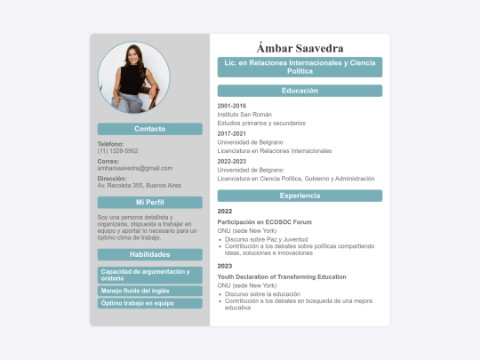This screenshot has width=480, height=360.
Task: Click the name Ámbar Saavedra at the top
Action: point(300,47)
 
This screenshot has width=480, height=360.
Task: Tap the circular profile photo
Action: point(133,78)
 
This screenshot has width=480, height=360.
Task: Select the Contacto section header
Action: point(150,129)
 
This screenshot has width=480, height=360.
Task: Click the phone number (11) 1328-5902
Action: point(117,151)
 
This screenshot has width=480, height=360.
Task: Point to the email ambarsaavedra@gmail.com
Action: point(135,168)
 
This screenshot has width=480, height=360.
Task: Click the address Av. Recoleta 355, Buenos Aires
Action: point(140,186)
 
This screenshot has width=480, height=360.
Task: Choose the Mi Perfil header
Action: point(150,203)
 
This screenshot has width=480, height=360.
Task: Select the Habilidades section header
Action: point(150,255)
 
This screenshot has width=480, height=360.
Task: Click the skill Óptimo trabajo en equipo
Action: point(137,303)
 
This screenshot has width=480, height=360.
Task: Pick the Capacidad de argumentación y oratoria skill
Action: point(146,275)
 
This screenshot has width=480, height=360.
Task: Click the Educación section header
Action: point(300,91)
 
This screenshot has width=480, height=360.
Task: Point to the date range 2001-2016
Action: point(232,106)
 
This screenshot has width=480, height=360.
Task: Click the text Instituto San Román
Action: point(244,115)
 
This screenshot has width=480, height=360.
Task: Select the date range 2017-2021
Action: point(232,133)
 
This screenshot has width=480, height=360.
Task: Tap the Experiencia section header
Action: point(300,196)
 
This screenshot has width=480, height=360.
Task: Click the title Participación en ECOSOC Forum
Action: point(264,221)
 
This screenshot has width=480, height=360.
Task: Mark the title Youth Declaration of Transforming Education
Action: point(282,276)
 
